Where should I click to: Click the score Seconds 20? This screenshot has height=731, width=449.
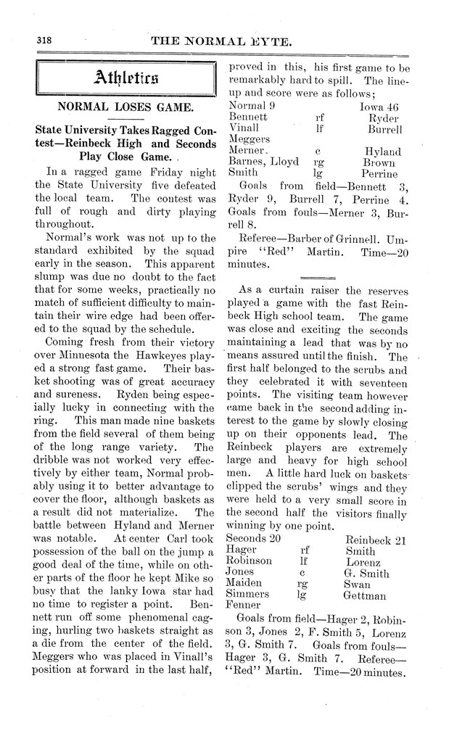253,539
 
